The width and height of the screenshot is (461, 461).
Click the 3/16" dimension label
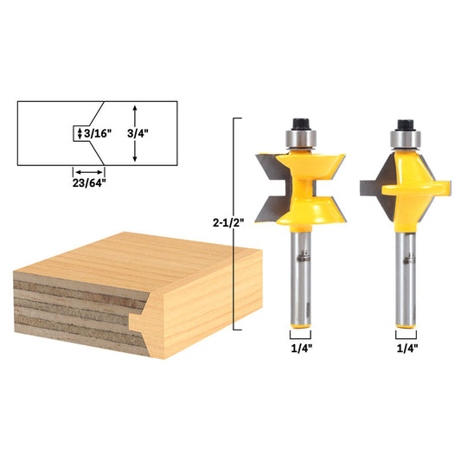point(98,133)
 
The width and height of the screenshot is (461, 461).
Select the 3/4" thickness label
point(138,133)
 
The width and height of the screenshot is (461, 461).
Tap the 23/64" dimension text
point(89,183)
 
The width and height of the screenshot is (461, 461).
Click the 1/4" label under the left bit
point(301,349)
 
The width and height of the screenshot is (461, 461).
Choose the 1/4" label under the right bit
point(407,349)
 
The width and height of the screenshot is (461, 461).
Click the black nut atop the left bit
point(301,124)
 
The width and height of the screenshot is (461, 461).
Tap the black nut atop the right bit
point(406,125)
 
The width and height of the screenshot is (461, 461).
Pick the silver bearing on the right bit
point(406,139)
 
